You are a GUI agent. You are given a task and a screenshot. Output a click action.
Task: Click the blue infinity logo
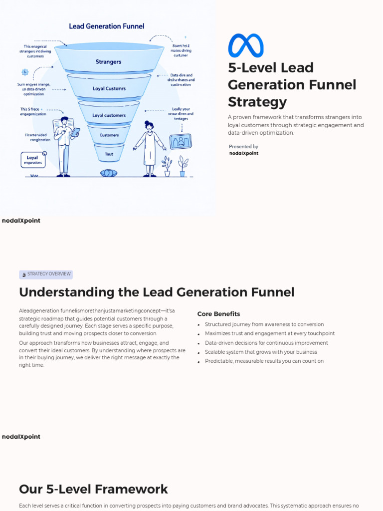tap(245, 45)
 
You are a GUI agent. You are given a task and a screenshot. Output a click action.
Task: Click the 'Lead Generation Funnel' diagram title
tap(106, 26)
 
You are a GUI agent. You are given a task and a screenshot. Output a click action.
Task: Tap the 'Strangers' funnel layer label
tap(108, 62)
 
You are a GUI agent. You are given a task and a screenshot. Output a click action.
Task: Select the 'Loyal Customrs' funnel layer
tap(109, 88)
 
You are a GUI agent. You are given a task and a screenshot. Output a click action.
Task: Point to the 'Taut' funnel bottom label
tap(109, 154)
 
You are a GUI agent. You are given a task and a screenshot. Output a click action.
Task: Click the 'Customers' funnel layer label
tap(109, 135)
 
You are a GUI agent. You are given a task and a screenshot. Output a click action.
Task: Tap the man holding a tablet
tap(64, 146)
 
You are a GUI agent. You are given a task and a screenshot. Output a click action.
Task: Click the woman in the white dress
tap(149, 148)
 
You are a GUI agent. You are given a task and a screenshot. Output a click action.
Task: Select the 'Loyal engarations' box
tap(33, 160)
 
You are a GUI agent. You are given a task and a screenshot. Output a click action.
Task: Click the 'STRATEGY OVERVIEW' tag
tap(46, 274)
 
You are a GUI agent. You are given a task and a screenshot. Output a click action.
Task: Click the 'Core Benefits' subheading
tap(218, 314)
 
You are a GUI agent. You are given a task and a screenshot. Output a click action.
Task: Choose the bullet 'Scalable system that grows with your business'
tap(261, 352)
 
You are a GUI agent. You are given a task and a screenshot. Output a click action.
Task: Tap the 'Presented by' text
tap(243, 147)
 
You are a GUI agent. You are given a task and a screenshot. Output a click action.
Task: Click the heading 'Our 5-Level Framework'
tap(93, 489)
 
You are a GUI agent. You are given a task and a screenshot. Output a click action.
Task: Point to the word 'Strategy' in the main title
tap(257, 102)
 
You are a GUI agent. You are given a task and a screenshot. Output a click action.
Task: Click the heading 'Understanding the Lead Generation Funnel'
tap(157, 292)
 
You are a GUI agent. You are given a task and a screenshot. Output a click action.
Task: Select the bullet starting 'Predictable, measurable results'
tap(264, 361)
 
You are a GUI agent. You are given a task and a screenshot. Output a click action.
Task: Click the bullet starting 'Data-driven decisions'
tap(266, 343)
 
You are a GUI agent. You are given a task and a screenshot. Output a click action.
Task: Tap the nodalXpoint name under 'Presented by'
tap(243, 154)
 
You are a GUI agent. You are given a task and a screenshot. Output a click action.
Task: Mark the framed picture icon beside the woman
tap(180, 141)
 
